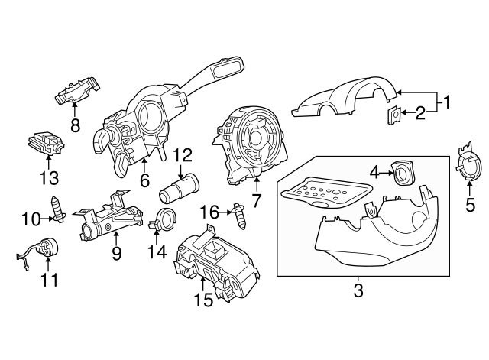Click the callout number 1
pos(449,101)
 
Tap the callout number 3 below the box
pos(358,290)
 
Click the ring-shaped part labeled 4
pos(402,175)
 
